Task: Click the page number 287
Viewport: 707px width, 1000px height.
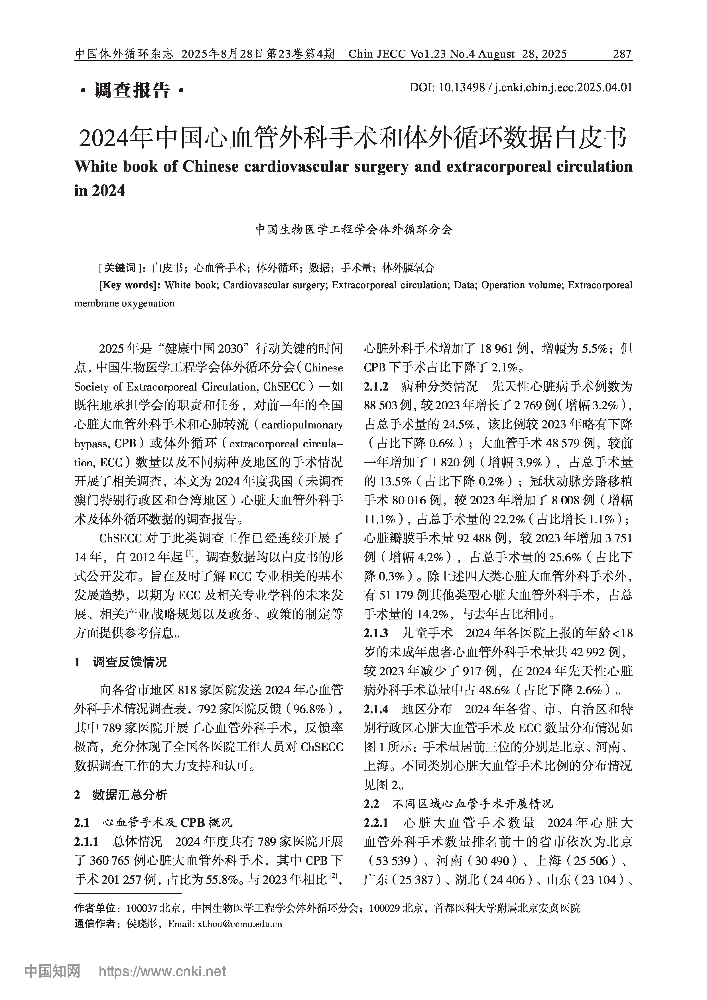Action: click(622, 54)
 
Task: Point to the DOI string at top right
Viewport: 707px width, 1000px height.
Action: click(521, 87)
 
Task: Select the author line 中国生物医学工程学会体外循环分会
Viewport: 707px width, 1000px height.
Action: click(354, 229)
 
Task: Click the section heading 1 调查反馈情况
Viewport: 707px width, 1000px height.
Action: click(121, 663)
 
